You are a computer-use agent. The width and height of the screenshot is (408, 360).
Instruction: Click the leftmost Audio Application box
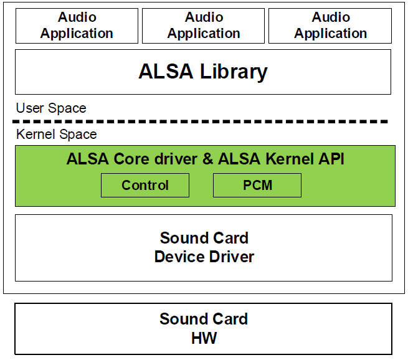click(77, 26)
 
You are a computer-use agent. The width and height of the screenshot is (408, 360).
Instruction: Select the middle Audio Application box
click(204, 26)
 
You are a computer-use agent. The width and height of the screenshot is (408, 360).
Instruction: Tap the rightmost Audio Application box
click(331, 26)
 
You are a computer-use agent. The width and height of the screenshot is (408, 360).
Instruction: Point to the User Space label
click(51, 108)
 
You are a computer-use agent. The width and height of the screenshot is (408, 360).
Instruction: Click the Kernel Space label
click(57, 134)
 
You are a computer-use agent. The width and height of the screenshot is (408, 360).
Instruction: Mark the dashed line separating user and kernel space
click(202, 121)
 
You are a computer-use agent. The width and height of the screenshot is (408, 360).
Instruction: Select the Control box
click(145, 186)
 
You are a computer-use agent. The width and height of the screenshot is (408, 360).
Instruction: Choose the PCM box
click(257, 186)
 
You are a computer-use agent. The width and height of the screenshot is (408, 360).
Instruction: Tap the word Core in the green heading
click(131, 159)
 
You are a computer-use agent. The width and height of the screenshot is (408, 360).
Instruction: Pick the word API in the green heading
click(331, 159)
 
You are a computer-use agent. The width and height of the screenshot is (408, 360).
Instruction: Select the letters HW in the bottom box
click(204, 338)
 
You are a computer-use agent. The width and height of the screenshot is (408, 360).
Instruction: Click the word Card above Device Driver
click(230, 238)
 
